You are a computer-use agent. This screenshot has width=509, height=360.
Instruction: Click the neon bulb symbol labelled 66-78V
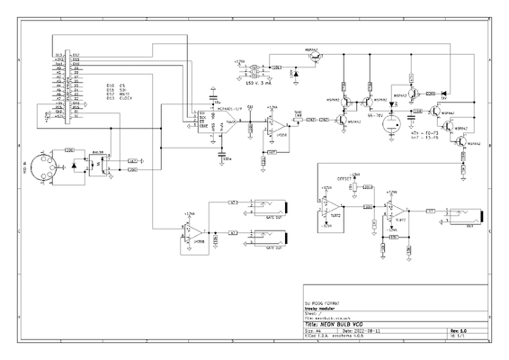click(x=390, y=127)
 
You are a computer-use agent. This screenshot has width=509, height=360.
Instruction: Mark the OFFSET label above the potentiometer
click(x=344, y=178)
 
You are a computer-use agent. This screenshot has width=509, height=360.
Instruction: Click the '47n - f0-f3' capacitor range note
click(x=424, y=132)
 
